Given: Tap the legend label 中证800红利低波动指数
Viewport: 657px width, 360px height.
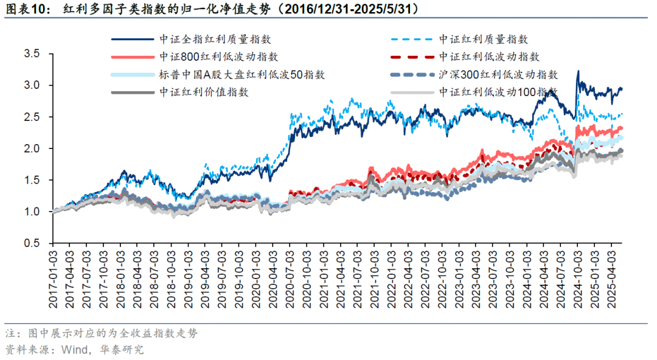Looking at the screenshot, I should pos(219,57).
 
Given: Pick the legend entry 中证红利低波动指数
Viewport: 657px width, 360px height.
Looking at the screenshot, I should pos(489,57).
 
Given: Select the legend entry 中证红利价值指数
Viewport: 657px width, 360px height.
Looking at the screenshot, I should pos(203,92).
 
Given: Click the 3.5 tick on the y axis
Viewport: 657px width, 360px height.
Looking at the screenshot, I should pos(31,54).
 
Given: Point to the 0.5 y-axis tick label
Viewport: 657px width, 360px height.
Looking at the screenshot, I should pos(31,243).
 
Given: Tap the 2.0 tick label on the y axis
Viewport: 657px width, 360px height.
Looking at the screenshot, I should pos(31,148).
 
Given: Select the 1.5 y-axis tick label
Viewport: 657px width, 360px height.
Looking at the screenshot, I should pos(31,180).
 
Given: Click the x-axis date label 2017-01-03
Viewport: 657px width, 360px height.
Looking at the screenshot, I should pos(54,274).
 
